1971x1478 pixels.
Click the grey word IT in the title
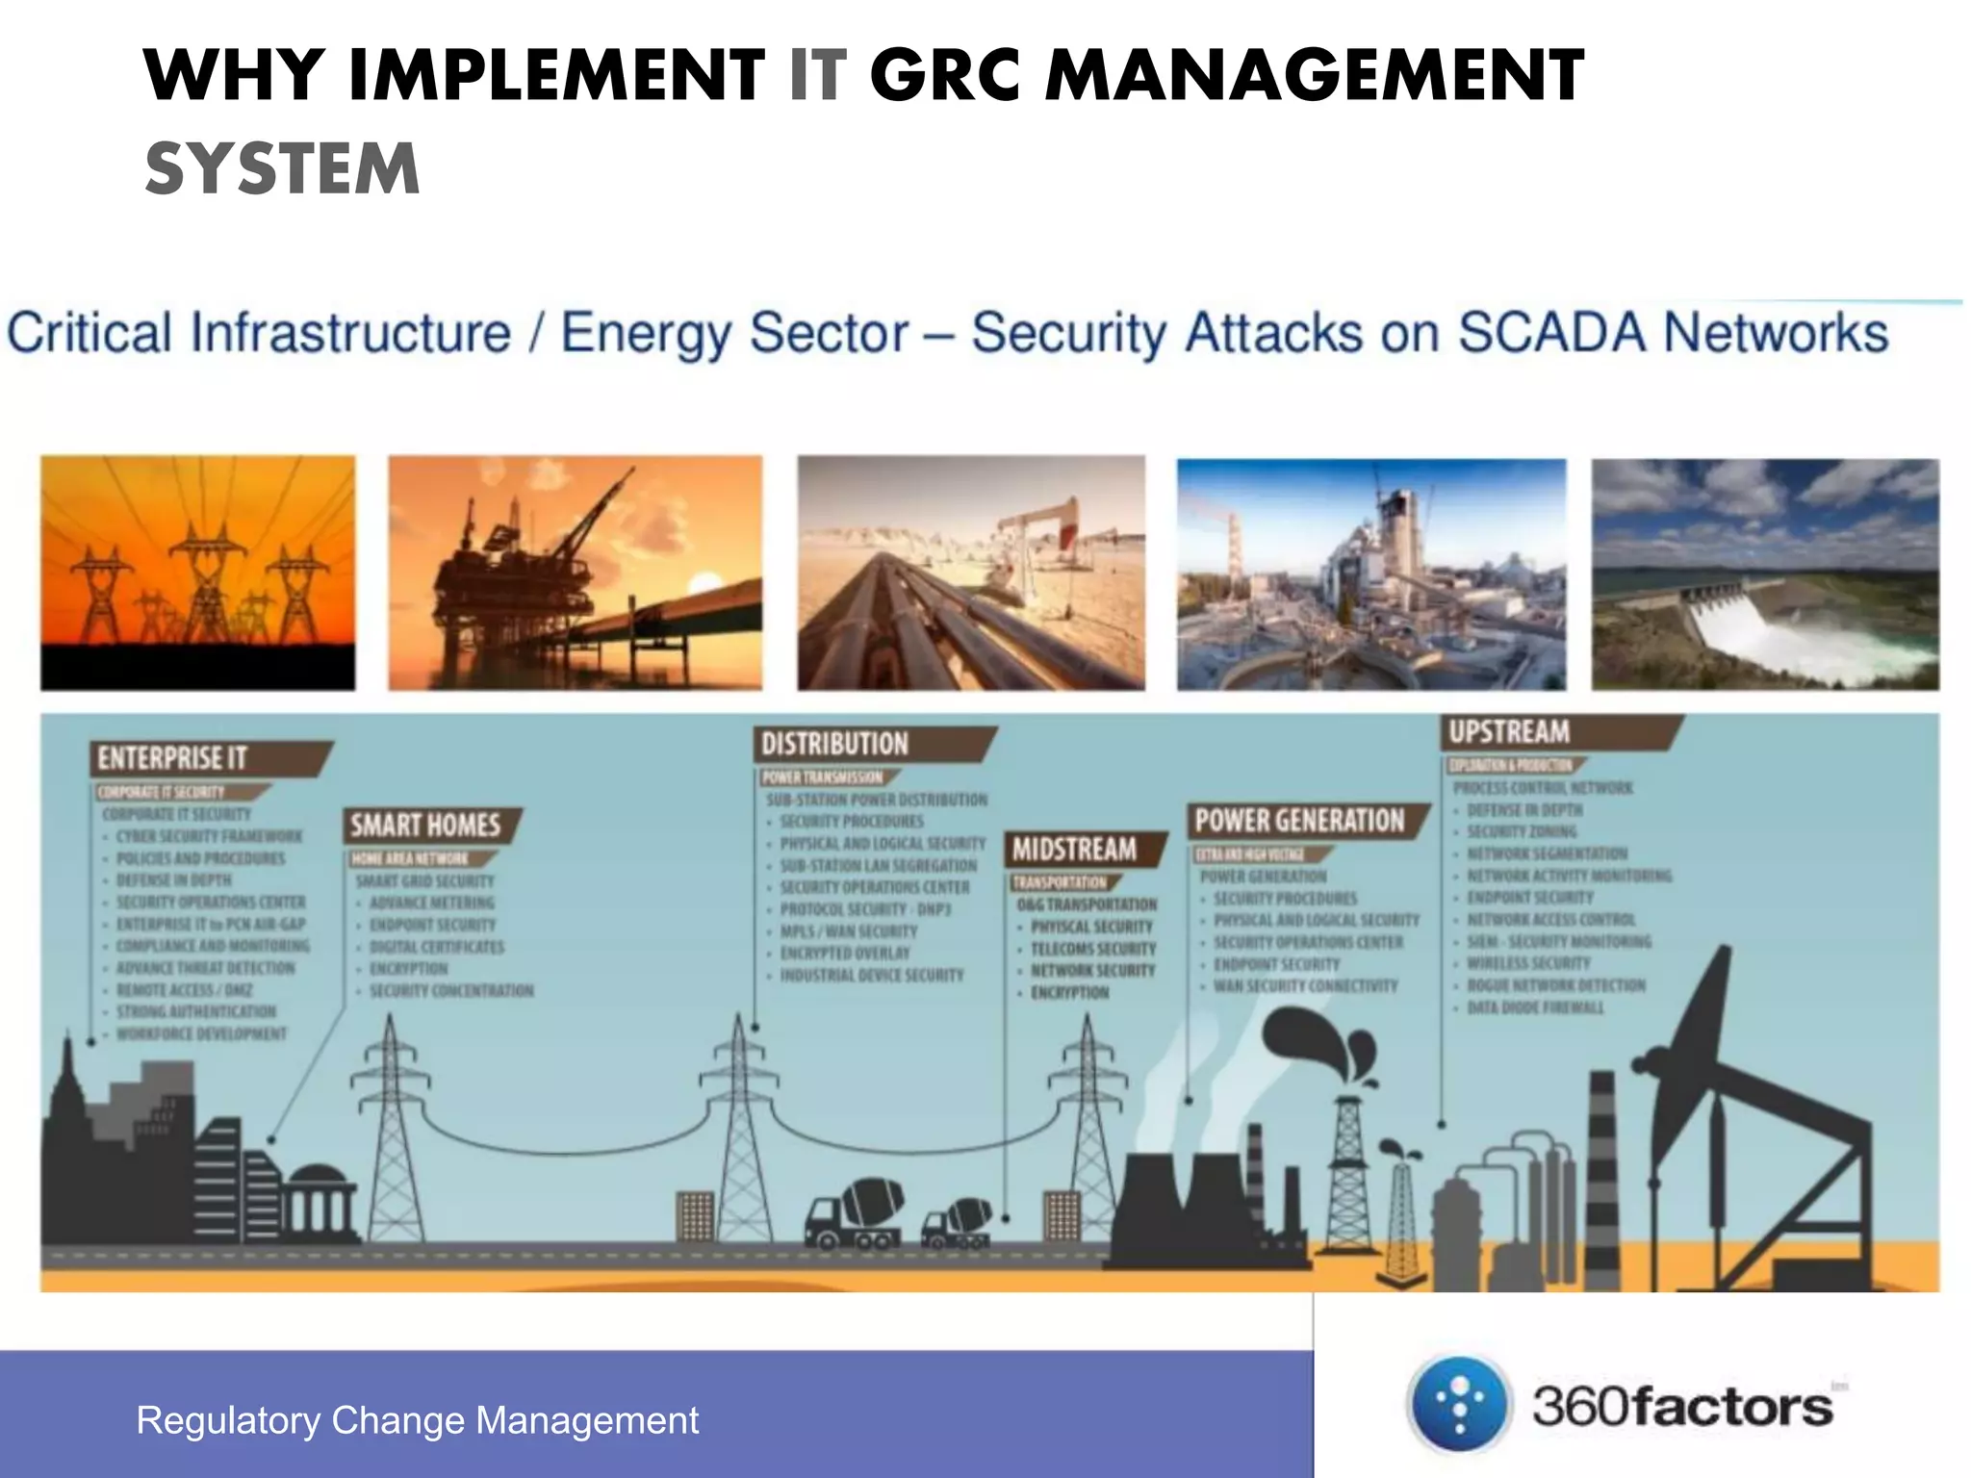pos(818,75)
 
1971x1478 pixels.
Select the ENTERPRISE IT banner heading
pos(173,758)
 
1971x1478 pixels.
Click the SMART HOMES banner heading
pos(425,826)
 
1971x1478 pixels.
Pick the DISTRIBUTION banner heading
pos(835,744)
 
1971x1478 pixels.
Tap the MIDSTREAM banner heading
pos(1075,850)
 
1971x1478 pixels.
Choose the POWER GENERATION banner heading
pos(1299,821)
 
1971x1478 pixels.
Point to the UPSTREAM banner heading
pos(1509,732)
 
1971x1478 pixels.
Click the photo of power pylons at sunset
pos(197,573)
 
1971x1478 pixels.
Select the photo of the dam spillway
pos(1764,574)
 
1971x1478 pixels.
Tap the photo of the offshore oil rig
pos(575,573)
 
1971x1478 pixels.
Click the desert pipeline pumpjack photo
pos(970,573)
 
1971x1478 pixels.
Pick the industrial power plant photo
pos(1370,574)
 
